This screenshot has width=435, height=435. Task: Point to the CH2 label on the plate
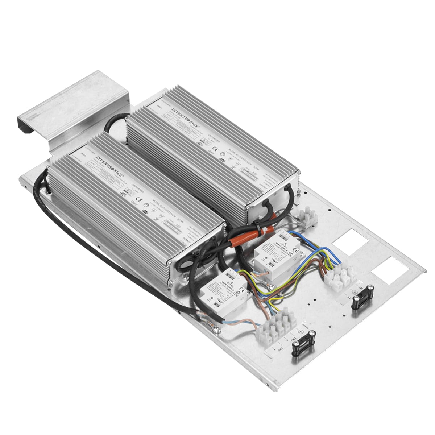tap(294, 341)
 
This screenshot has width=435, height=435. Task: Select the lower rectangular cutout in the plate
tap(388, 270)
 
